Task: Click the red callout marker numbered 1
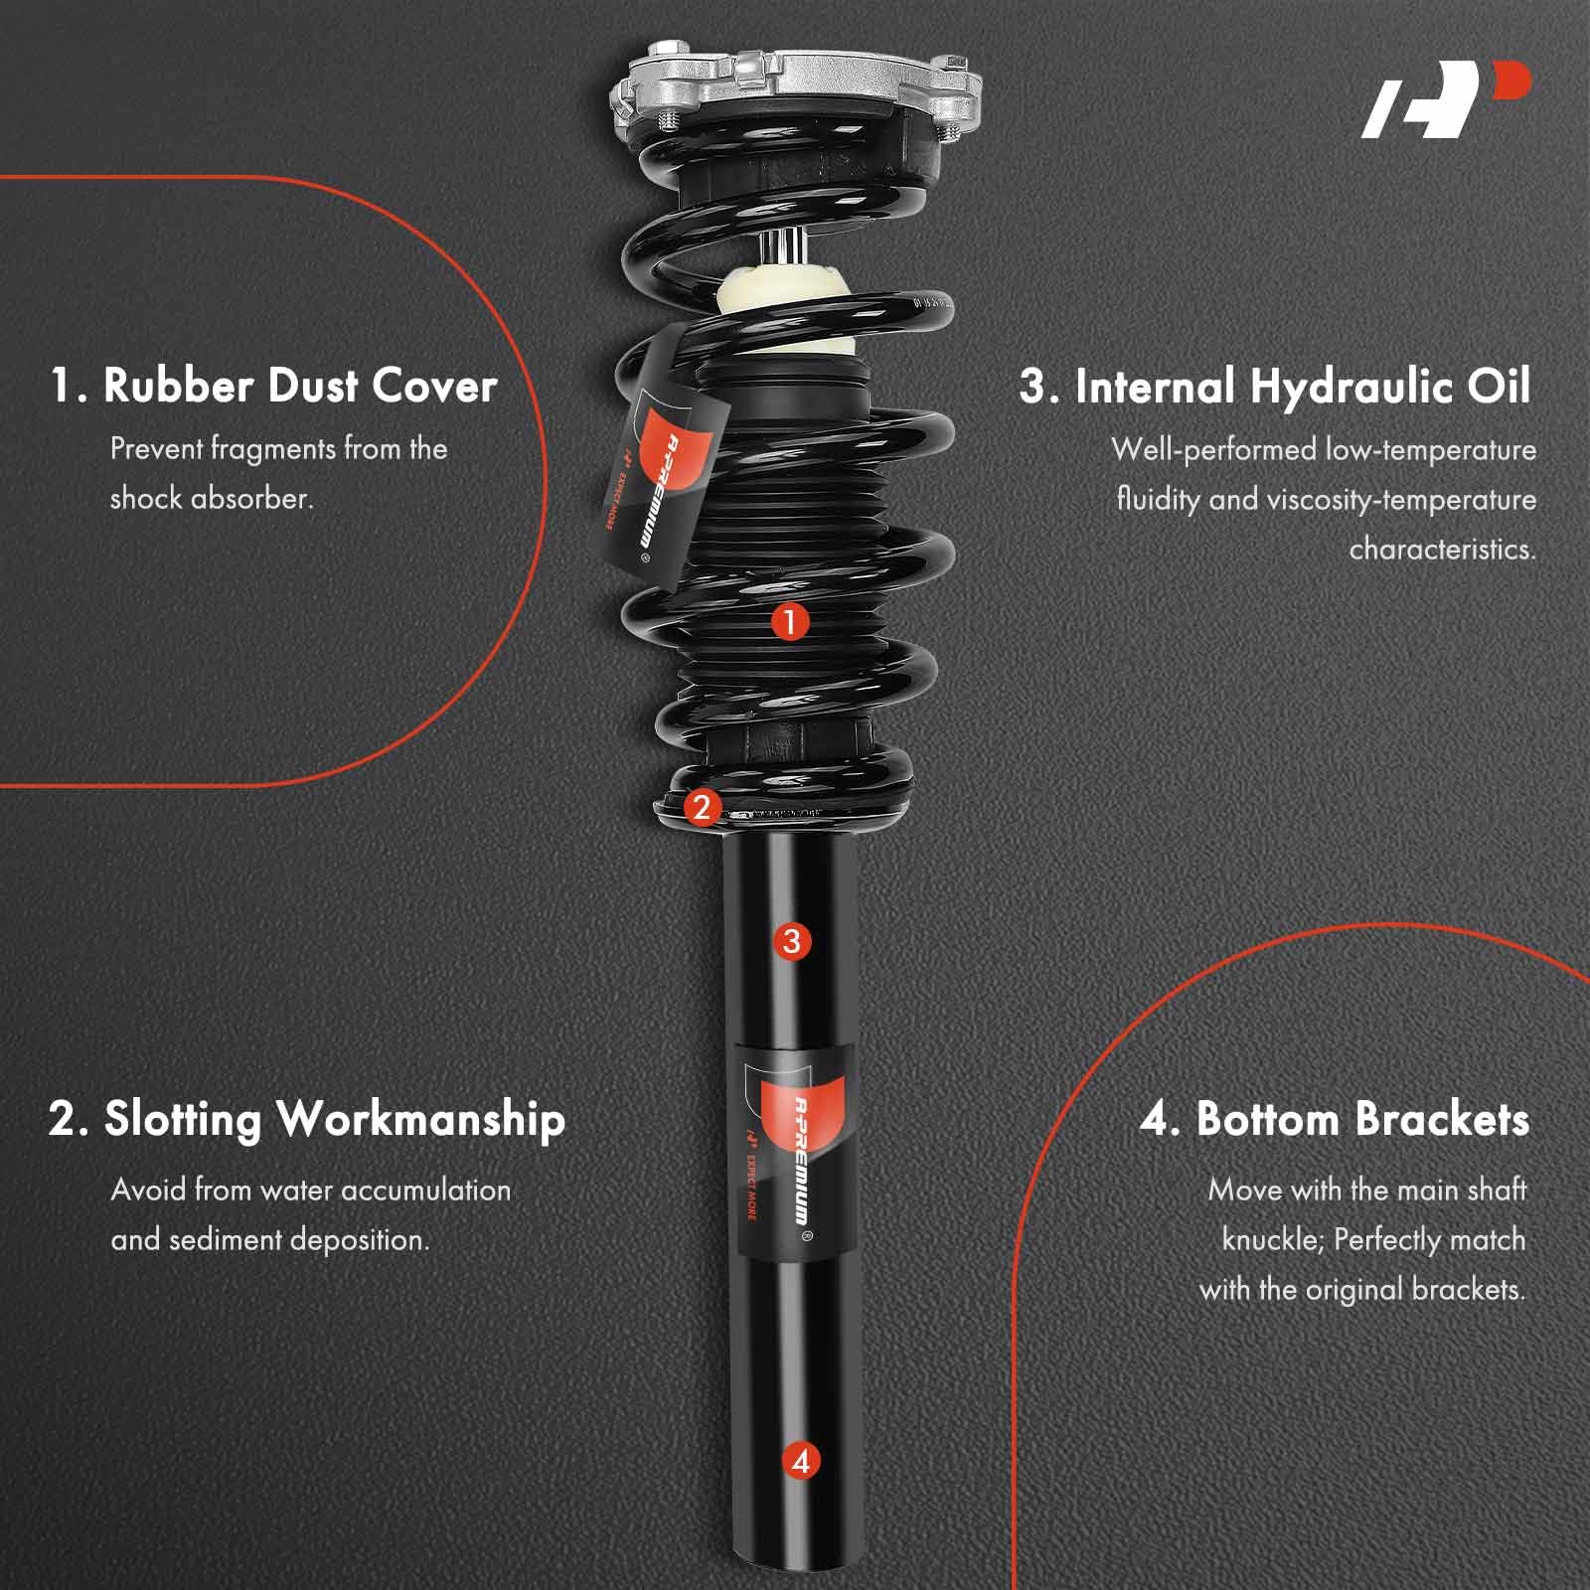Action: pos(790,623)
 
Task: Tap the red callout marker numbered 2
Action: pos(702,807)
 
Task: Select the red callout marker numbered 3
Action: pos(791,941)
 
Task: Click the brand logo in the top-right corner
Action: pos(1446,99)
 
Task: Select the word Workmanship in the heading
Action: pos(420,1120)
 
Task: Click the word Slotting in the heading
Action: pos(182,1120)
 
